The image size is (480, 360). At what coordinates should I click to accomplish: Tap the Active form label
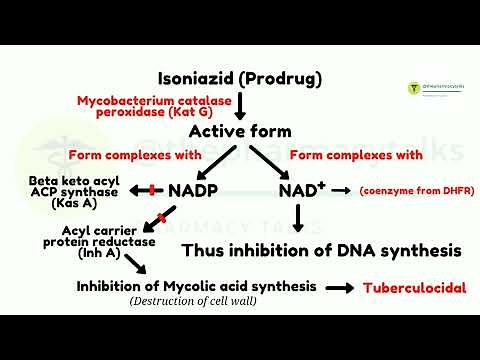tap(240, 131)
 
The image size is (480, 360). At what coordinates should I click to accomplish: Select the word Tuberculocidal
tap(414, 287)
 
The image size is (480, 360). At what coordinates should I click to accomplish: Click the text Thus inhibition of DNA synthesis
tap(321, 249)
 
